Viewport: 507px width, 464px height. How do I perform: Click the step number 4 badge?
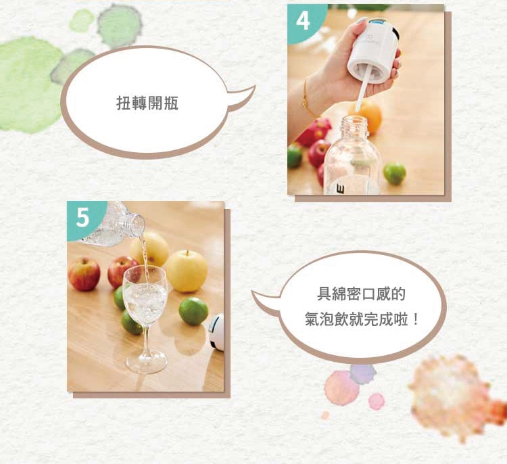[302, 22]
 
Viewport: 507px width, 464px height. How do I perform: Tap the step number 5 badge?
[82, 218]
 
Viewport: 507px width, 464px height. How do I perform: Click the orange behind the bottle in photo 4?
[368, 116]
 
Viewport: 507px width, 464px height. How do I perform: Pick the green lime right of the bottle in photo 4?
[395, 173]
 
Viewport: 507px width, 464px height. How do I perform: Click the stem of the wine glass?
[146, 342]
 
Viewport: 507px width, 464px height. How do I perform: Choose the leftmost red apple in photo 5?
[84, 274]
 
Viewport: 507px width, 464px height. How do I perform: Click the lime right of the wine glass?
[193, 311]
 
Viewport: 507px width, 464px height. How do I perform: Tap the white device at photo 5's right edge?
[217, 331]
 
